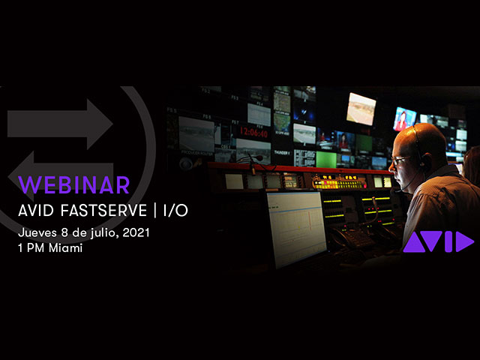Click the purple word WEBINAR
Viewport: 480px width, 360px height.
pyautogui.click(x=73, y=185)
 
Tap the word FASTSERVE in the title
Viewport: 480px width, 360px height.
pyautogui.click(x=103, y=211)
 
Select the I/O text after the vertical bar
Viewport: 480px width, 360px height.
pyautogui.click(x=175, y=211)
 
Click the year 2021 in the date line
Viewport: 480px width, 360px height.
pyautogui.click(x=136, y=232)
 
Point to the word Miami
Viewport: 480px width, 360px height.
pyautogui.click(x=65, y=248)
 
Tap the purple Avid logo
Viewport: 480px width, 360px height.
pyautogui.click(x=438, y=241)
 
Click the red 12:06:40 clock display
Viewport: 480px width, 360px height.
pyautogui.click(x=253, y=132)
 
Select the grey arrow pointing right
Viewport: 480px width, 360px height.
pyautogui.click(x=60, y=124)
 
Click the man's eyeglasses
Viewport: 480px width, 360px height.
pyautogui.click(x=401, y=160)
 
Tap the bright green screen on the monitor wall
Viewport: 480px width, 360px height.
pyautogui.click(x=326, y=160)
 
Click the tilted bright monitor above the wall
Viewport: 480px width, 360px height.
pyautogui.click(x=361, y=109)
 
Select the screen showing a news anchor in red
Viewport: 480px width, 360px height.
pyautogui.click(x=404, y=119)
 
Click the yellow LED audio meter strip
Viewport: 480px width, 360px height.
pyautogui.click(x=339, y=184)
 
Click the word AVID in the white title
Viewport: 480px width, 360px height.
pyautogui.click(x=36, y=211)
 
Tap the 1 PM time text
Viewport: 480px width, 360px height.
pyautogui.click(x=31, y=248)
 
